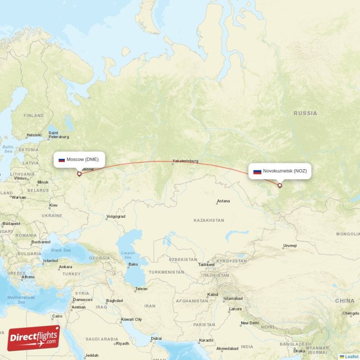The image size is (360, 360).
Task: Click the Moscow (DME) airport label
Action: [x=82, y=159]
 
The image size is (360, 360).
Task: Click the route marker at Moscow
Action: [x=79, y=174]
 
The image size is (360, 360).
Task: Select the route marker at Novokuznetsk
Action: [x=279, y=185]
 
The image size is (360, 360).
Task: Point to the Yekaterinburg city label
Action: [x=185, y=161]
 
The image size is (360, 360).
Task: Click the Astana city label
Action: [x=223, y=201]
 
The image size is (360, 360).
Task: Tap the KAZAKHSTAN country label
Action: [x=208, y=220]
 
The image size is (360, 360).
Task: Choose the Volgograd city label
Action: [x=115, y=216]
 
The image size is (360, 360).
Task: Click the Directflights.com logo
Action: [x=33, y=338]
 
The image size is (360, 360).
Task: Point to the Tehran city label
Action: [x=141, y=288]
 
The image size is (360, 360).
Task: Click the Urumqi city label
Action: [x=290, y=246]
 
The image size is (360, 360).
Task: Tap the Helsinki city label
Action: [x=34, y=135]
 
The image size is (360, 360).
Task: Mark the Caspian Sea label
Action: [x=128, y=255]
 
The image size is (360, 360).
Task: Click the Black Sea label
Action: [x=61, y=250]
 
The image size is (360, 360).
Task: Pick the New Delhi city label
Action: [x=250, y=323]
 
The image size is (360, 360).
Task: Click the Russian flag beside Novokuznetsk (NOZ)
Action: [x=257, y=171]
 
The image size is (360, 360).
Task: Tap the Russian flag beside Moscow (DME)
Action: [x=62, y=160]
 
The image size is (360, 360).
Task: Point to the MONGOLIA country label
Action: [x=348, y=234]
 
